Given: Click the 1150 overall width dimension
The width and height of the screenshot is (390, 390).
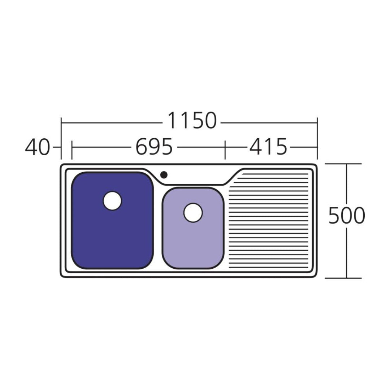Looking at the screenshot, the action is pos(192,120).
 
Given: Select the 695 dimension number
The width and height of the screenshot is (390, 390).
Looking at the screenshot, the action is pos(154,147).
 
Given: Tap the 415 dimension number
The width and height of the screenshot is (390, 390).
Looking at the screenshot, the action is pos(268,147).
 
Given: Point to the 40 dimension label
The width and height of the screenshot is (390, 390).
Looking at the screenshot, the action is pos(38,147).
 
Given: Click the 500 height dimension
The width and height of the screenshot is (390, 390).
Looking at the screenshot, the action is pos(347,215).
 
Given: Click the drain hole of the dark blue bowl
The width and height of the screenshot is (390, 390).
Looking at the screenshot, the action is pos(112,200).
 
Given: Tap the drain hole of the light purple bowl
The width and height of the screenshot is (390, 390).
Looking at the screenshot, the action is pos(193,213).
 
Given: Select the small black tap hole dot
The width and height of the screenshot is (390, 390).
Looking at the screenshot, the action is pos(164,175).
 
